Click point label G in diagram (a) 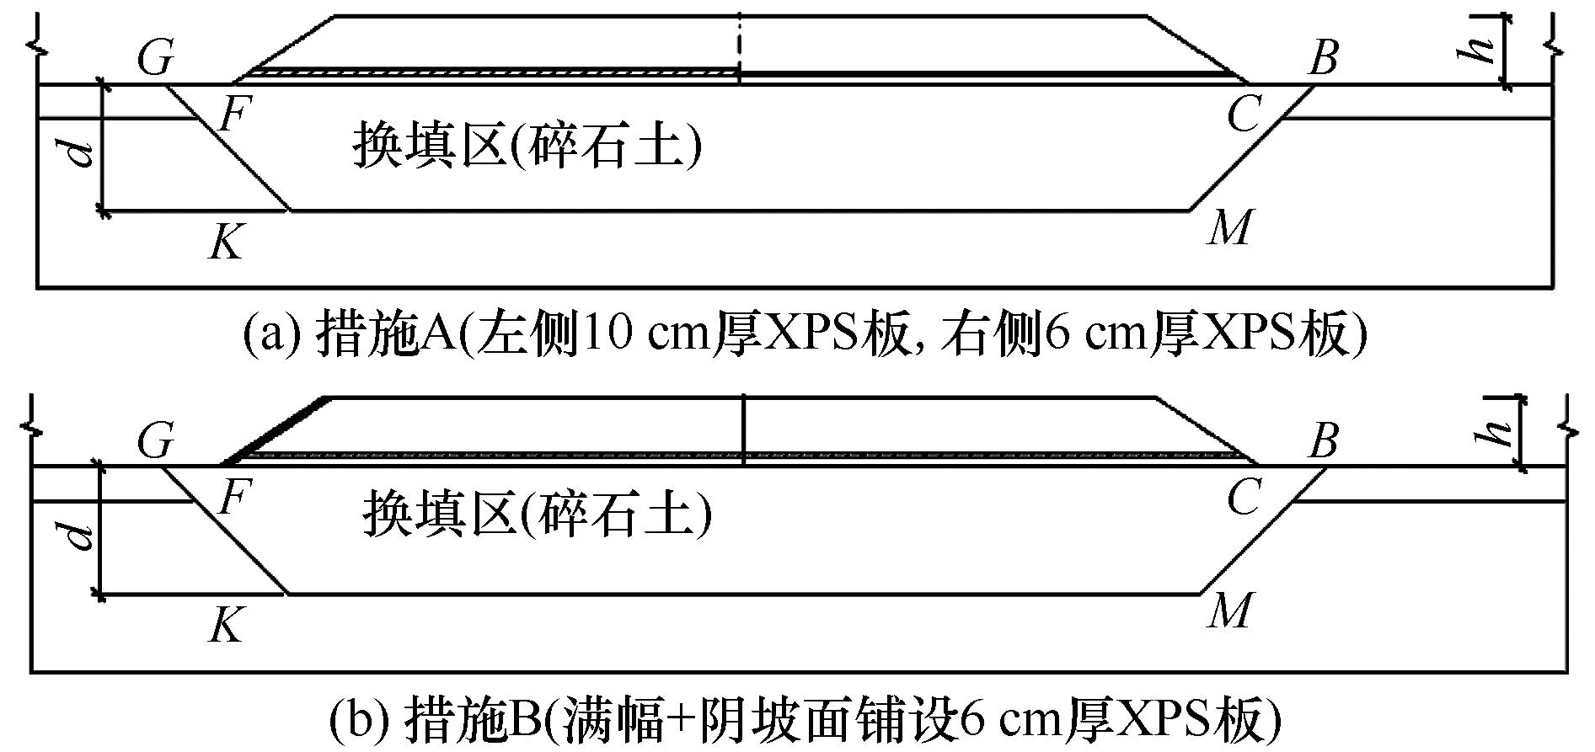[x=155, y=60]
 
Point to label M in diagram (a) [x=1228, y=227]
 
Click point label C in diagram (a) [x=1244, y=114]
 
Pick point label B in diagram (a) [x=1322, y=58]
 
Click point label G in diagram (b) [x=155, y=441]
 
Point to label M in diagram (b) [x=1228, y=610]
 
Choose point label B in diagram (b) [x=1322, y=440]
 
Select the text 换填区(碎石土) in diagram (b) [x=537, y=515]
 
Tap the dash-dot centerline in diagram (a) [x=739, y=47]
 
